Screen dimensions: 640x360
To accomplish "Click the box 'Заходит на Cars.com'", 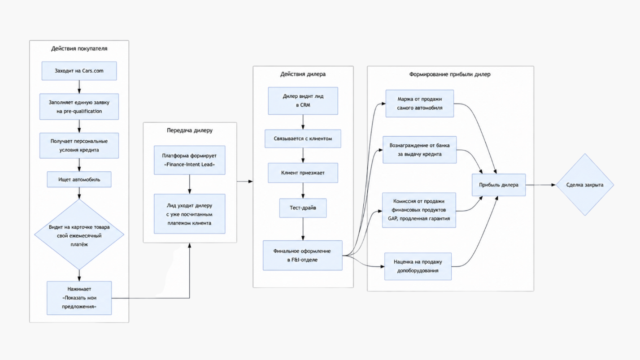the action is coord(79,71).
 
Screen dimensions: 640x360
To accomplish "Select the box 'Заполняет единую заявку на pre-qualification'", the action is coord(79,107).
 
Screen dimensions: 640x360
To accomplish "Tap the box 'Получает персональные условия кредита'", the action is coord(79,145).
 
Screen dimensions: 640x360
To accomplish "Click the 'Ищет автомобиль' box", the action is coord(79,179).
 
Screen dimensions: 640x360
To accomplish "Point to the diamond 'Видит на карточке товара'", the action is coord(79,234).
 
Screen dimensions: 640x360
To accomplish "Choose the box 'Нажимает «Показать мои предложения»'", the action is coord(79,298).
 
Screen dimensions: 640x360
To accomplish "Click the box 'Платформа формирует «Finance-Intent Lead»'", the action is coord(189,160).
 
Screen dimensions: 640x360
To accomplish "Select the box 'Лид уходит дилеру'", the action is coord(189,214).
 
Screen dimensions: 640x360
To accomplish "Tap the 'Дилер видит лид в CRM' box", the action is coord(303,101).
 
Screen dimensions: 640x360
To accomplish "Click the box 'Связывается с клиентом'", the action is coord(303,139).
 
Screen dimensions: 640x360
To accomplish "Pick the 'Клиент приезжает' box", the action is coord(303,173).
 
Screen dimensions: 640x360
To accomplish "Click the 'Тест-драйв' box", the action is coord(303,208).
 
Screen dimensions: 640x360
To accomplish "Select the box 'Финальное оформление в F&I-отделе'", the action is coord(303,256).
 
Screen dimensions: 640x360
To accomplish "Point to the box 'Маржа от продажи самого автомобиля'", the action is coord(420,104).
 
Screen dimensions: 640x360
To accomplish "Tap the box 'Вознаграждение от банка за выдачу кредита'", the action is coord(420,150).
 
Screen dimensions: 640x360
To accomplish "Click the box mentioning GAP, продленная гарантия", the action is coord(419,210).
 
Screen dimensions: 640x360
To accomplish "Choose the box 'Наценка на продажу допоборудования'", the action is coord(418,266).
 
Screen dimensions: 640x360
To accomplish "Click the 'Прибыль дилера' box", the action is coord(499,185).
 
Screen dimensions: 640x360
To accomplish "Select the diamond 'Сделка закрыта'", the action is coord(585,185).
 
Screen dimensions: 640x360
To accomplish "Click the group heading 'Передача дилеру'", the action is coord(190,130).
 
